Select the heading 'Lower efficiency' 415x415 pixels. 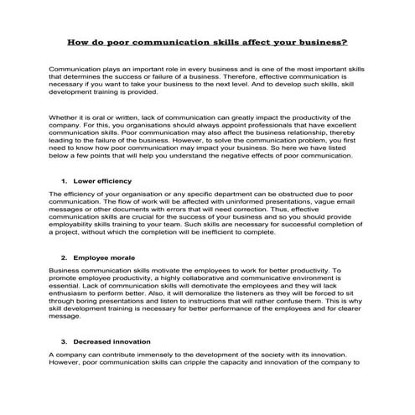click(x=102, y=204)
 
